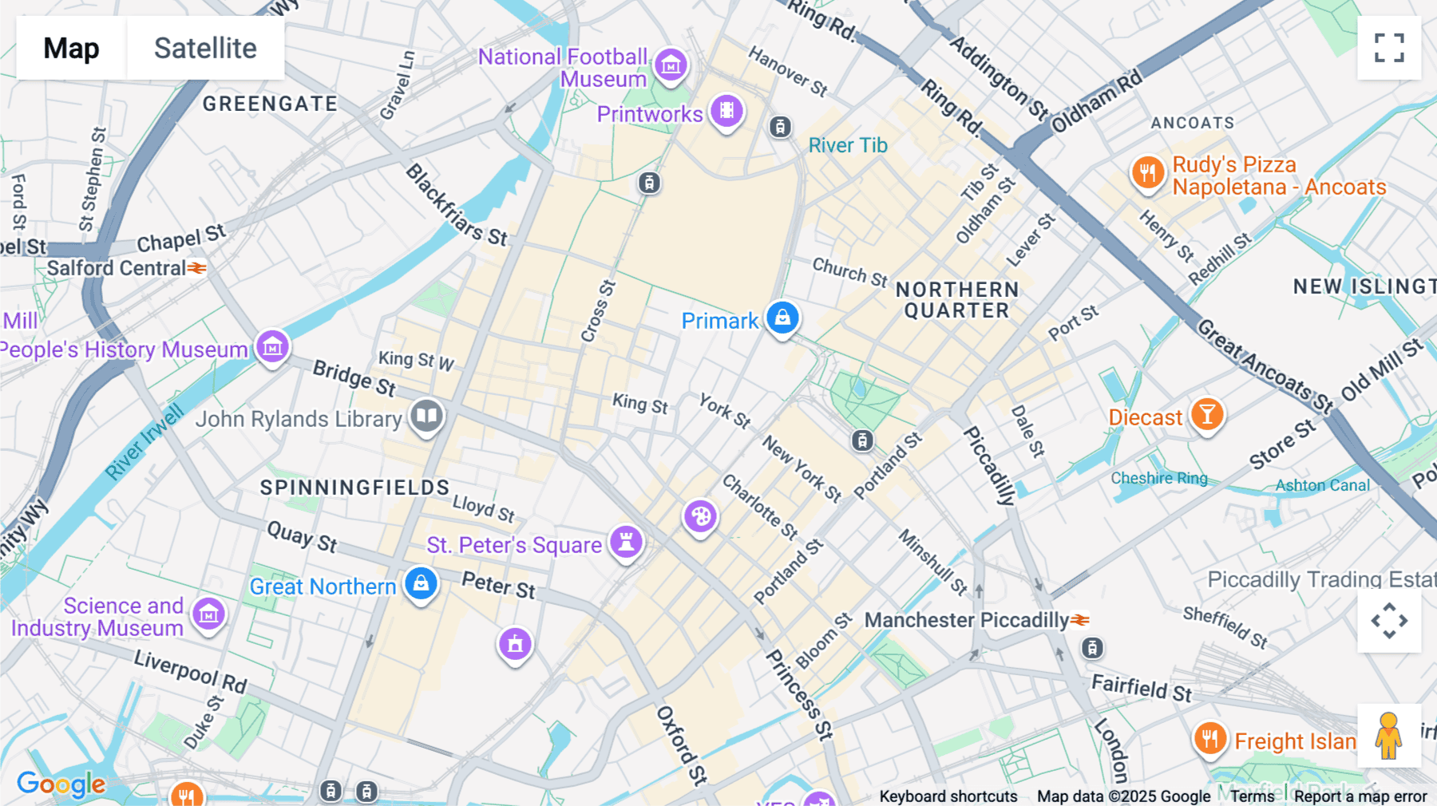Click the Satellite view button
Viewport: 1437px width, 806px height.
point(205,48)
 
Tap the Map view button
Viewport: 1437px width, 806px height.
point(71,48)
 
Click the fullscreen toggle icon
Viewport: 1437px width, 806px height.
point(1389,48)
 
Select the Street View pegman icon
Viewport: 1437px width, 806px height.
point(1388,736)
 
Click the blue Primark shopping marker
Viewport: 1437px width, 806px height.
point(782,318)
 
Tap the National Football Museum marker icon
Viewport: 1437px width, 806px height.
point(671,65)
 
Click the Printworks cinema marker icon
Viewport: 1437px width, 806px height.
point(726,111)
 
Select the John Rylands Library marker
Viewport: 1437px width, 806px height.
point(427,416)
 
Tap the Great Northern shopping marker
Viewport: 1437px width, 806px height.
point(421,583)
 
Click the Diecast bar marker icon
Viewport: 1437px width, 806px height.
point(1207,414)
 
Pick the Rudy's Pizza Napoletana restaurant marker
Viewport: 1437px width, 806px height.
point(1148,172)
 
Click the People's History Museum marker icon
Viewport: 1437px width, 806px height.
point(272,347)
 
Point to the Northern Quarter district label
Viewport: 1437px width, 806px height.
point(956,300)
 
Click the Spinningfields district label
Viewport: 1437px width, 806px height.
point(354,488)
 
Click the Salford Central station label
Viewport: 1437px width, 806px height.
point(117,268)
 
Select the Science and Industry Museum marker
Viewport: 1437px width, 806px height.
point(209,614)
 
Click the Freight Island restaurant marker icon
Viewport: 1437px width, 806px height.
point(1209,738)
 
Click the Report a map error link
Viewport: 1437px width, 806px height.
point(1360,796)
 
